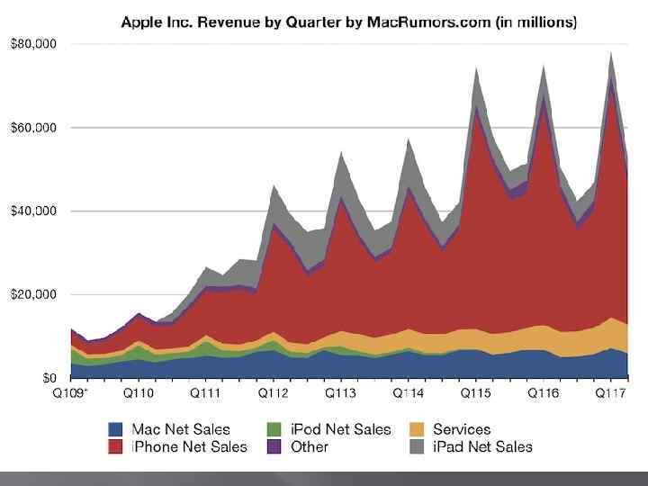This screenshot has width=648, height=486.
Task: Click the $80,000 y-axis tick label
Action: point(33,44)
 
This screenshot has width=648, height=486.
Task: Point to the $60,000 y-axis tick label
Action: point(33,128)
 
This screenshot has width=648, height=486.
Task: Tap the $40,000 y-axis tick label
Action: point(33,211)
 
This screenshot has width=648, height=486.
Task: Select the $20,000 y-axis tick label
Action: point(33,294)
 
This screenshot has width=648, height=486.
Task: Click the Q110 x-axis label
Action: point(139,394)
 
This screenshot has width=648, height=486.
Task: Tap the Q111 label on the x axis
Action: point(207,394)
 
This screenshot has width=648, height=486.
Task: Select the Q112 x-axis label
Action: point(273,394)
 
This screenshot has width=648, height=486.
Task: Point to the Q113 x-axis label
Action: point(340,394)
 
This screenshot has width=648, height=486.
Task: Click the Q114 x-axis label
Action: point(407,394)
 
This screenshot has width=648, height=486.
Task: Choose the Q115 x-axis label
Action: point(474,394)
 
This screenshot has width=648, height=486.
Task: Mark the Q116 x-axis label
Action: point(543,394)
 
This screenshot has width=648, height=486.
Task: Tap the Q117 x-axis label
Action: point(609,394)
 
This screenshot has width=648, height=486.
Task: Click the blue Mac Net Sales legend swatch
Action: point(117,430)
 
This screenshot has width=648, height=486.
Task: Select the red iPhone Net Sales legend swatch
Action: point(117,447)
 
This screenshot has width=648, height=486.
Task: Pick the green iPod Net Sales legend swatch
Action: point(275,430)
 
